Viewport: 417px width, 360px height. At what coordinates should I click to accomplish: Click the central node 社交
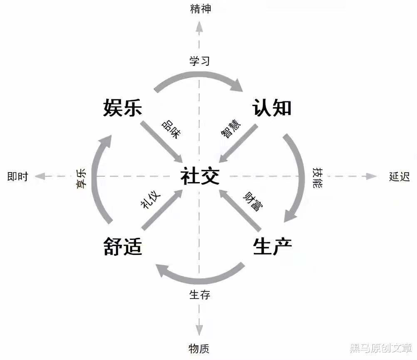pyautogui.click(x=200, y=177)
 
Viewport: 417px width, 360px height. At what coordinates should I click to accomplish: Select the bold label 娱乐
pyautogui.click(x=123, y=108)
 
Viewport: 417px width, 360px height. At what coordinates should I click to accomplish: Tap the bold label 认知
pyautogui.click(x=272, y=108)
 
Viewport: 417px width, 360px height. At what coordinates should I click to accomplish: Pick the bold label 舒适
pyautogui.click(x=123, y=247)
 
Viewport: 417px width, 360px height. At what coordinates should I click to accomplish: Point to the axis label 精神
pyautogui.click(x=201, y=9)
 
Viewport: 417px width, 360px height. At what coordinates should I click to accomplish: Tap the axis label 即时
pyautogui.click(x=17, y=177)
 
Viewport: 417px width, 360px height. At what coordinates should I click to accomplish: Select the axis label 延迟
pyautogui.click(x=400, y=177)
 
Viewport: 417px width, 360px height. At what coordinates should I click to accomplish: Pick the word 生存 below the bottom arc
pyautogui.click(x=200, y=295)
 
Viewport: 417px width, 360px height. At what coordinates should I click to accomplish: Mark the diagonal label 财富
pyautogui.click(x=253, y=201)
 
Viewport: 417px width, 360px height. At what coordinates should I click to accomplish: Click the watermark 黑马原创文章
pyautogui.click(x=380, y=348)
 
